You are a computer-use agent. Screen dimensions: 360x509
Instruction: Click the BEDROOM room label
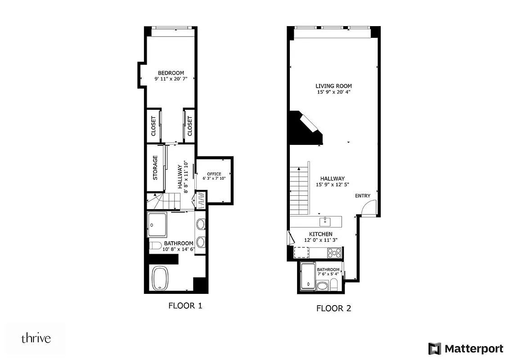(171, 73)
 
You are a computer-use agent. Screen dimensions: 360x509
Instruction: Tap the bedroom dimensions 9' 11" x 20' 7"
(171, 79)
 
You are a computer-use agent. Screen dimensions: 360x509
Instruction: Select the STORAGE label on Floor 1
(155, 168)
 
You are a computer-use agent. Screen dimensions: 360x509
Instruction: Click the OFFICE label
(214, 174)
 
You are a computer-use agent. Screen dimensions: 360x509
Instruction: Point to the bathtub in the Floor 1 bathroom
(160, 278)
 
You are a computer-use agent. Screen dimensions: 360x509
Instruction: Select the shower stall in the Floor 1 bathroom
(158, 224)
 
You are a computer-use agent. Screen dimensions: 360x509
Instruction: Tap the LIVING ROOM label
(333, 86)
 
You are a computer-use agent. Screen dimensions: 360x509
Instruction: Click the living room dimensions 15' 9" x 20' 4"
(333, 92)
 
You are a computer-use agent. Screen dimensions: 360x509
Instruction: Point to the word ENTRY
(363, 196)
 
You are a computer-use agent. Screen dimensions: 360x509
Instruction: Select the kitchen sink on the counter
(325, 221)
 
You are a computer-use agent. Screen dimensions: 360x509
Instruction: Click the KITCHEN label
(321, 234)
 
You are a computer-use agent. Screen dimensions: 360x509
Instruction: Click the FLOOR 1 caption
(185, 306)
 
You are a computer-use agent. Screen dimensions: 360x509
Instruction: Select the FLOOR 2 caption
(333, 308)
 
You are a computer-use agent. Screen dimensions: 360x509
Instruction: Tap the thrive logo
(36, 338)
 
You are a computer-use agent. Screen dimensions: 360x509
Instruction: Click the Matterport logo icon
(434, 348)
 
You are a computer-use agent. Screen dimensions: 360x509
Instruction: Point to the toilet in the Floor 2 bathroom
(334, 284)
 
